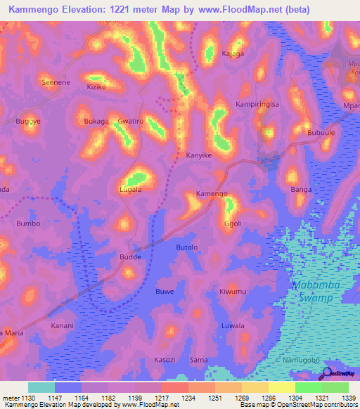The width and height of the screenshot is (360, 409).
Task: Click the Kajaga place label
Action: (x=233, y=53)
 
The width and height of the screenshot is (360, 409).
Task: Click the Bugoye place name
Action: (x=28, y=122)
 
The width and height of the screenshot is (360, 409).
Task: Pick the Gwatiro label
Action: (x=131, y=121)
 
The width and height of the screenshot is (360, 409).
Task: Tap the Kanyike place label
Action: (x=198, y=155)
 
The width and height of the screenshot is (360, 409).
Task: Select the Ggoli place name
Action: (x=233, y=223)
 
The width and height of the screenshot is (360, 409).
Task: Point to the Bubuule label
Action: (x=321, y=132)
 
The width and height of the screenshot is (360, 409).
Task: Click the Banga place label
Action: (x=300, y=190)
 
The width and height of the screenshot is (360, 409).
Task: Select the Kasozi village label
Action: (x=165, y=359)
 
